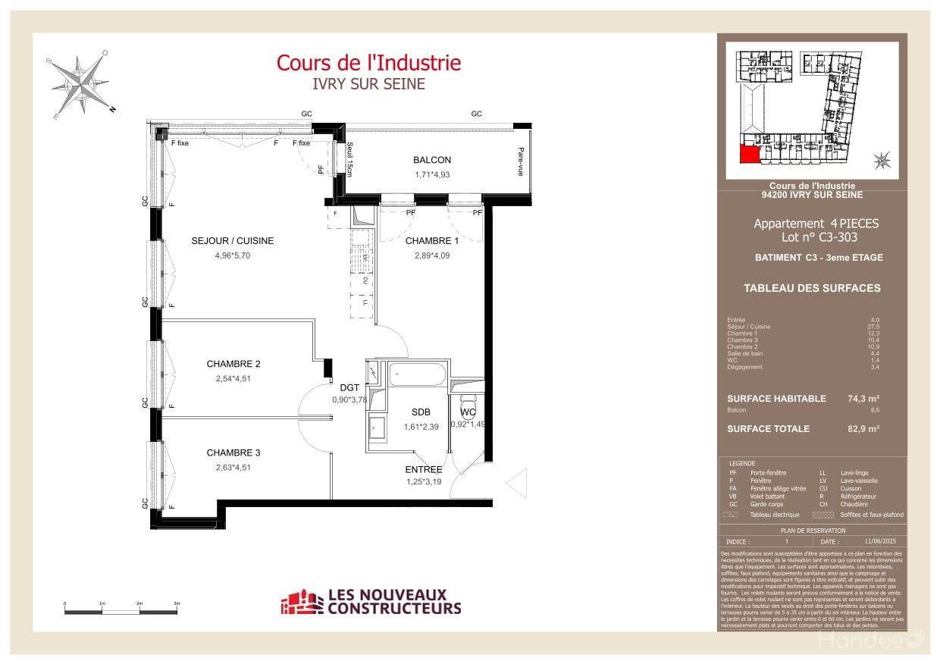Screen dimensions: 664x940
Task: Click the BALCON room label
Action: pos(432,160)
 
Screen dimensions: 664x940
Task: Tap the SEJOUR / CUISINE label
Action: pos(232,241)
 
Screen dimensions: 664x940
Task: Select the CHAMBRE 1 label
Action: pos(432,241)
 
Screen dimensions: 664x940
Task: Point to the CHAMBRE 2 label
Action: pos(233,364)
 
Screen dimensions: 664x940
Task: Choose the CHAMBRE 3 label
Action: pos(233,453)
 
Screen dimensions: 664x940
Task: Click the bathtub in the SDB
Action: pos(416,374)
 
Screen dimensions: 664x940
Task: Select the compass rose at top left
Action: pos(80,83)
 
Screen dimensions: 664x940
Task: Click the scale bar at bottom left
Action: pos(121,609)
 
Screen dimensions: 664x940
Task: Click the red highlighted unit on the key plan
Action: pos(749,155)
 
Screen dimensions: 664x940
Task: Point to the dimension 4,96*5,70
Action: pos(232,255)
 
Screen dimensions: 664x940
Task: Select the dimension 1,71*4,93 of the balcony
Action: pos(432,175)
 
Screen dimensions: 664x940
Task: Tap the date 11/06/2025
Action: pos(879,542)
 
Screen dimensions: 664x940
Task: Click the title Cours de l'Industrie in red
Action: pos(368,62)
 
